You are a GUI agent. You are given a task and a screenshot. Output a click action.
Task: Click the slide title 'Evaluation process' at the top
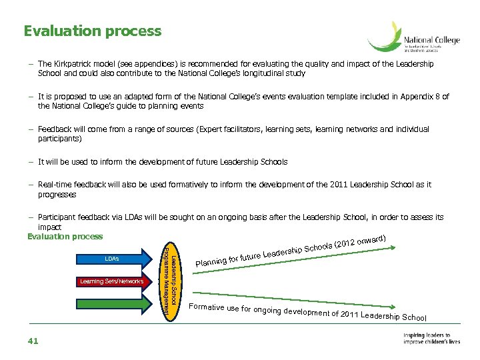[x=92, y=31]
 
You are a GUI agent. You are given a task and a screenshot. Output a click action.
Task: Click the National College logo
[x=414, y=38]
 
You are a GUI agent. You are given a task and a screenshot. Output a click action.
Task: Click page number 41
[x=34, y=341]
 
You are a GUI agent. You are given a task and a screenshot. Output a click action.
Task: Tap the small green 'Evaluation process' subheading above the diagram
[x=65, y=237]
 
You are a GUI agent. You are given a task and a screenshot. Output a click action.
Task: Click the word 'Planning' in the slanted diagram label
[x=211, y=265]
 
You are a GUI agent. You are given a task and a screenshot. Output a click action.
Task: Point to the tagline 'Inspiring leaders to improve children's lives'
[x=431, y=339]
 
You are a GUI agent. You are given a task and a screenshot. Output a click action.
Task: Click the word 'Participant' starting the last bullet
[x=58, y=217]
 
